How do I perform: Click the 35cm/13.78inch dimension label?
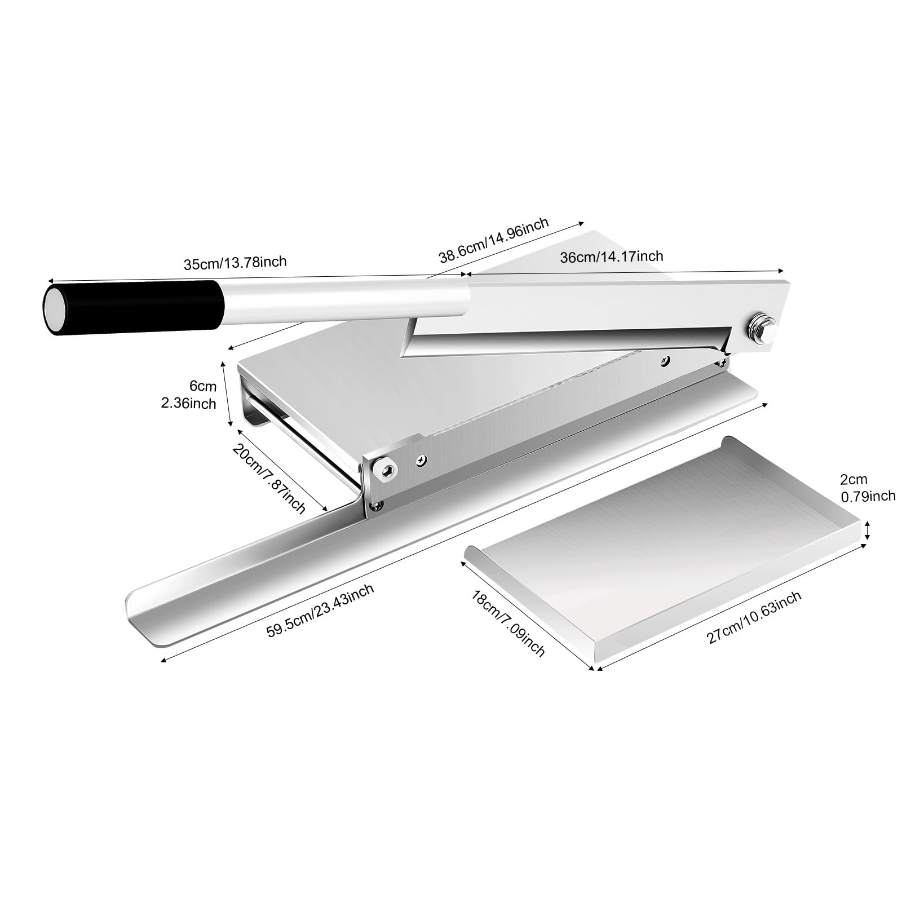click(x=235, y=262)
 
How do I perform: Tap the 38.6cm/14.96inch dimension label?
click(x=493, y=241)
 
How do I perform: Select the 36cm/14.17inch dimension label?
click(x=611, y=257)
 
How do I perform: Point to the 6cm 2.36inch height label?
click(x=202, y=394)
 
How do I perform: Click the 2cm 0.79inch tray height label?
click(x=867, y=488)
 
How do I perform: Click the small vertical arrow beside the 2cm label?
click(x=868, y=530)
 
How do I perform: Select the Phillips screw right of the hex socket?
click(x=421, y=460)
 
